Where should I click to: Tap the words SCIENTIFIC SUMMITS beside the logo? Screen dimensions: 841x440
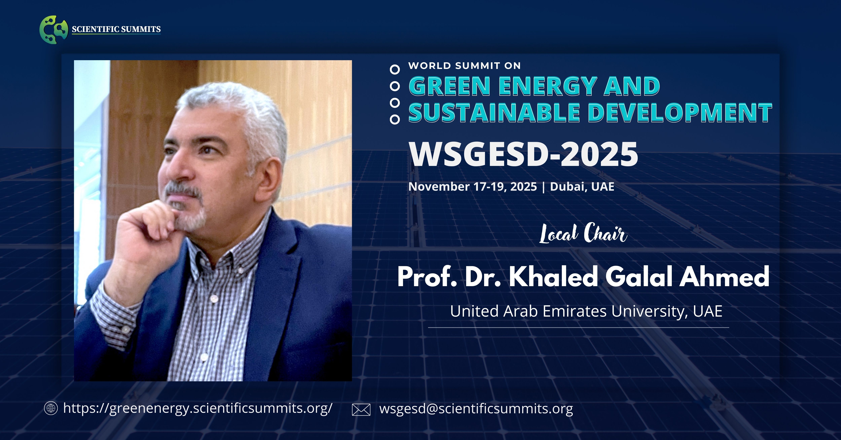click(x=116, y=29)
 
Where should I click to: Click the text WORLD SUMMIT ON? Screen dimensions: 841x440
click(x=464, y=66)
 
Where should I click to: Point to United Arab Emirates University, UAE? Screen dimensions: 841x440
click(x=586, y=311)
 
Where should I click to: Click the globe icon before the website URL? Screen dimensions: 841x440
click(x=51, y=408)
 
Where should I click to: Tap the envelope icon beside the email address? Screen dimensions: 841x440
click(x=361, y=410)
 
